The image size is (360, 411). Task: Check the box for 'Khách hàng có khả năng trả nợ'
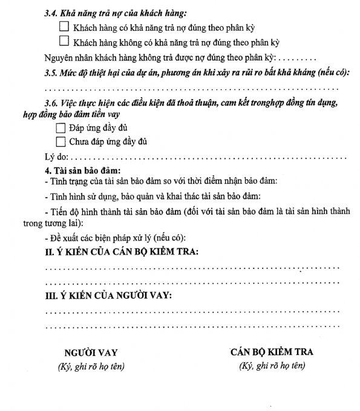point(65,28)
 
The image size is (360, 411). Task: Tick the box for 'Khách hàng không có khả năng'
point(65,42)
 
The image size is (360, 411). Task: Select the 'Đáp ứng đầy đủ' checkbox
point(59,129)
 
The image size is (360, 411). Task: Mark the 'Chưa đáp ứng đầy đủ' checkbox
point(59,142)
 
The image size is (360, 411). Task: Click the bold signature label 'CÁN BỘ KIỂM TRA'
point(272,352)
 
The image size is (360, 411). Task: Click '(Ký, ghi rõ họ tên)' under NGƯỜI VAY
point(91,367)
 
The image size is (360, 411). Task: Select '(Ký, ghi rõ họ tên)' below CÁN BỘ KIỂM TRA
point(272,366)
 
